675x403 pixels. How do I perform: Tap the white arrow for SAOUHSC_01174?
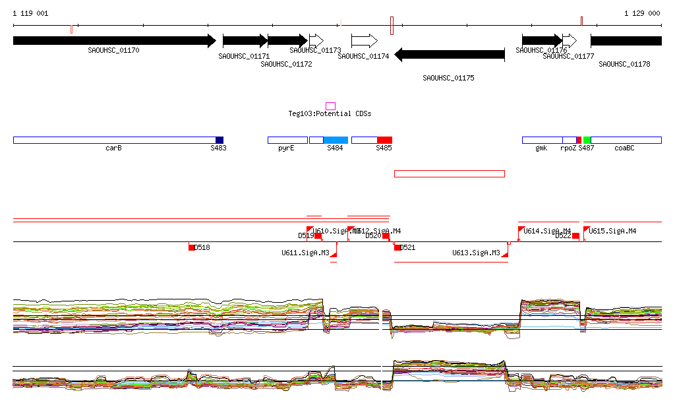tap(364, 41)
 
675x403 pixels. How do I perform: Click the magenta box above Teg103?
tap(330, 106)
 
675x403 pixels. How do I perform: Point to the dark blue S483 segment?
tap(220, 140)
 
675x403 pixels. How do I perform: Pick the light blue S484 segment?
tap(336, 140)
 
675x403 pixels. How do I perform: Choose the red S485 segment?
tap(384, 140)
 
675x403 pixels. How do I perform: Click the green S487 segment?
tap(587, 140)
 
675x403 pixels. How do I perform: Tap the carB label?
tap(113, 148)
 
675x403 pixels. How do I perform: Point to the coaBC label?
tap(624, 148)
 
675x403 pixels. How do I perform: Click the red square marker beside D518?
tap(191, 247)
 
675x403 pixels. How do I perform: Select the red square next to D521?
tap(397, 247)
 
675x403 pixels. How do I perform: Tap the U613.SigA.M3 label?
tap(478, 253)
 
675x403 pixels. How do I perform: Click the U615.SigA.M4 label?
tap(613, 231)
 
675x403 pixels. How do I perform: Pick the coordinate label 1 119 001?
tap(30, 13)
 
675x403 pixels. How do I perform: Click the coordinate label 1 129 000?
tap(642, 13)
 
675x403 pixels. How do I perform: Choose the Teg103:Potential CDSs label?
tap(330, 114)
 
